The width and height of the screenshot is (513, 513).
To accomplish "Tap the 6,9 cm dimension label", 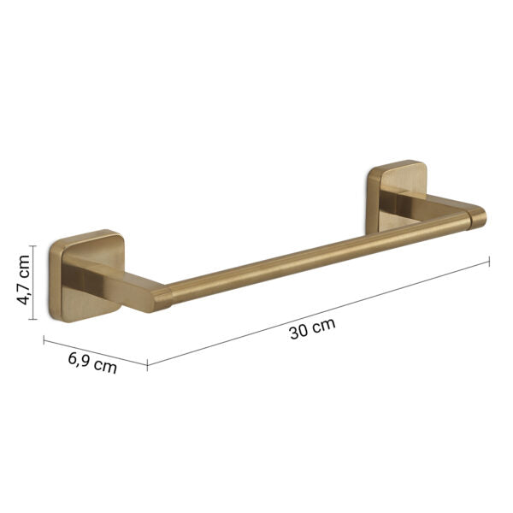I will [x=92, y=363].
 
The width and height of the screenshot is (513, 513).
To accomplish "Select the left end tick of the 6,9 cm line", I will [x=44, y=338].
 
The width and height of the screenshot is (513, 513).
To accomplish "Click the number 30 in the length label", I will [x=299, y=332].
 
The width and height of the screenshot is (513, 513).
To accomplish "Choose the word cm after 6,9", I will [x=106, y=367].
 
